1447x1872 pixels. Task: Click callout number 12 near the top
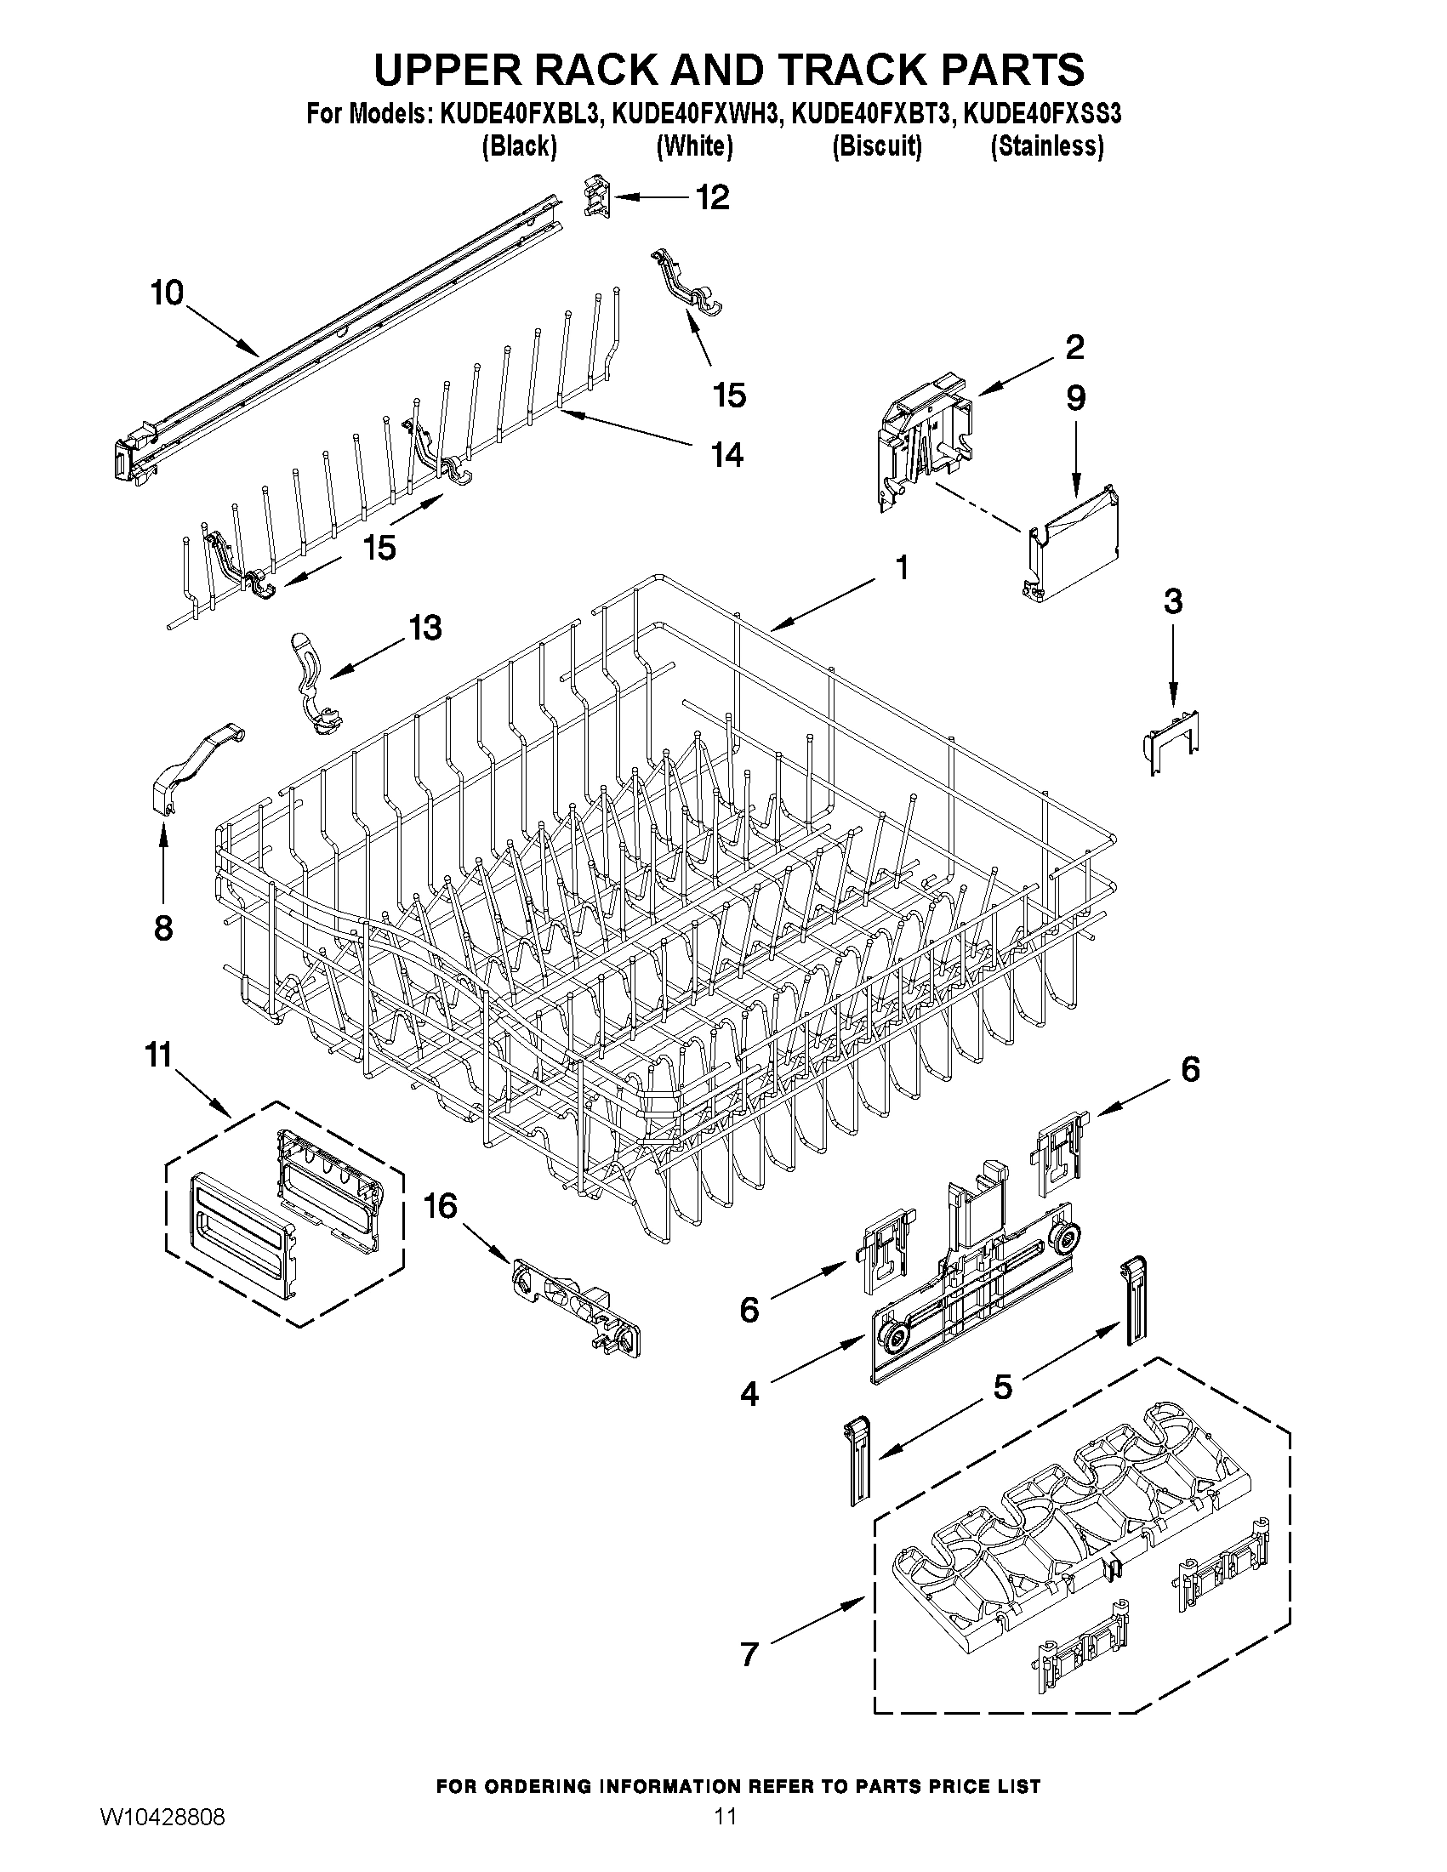tap(712, 198)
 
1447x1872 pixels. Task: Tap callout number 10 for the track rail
tap(168, 293)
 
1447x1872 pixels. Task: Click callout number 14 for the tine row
tap(727, 454)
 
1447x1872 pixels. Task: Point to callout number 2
tap(1074, 347)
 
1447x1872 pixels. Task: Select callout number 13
tap(424, 628)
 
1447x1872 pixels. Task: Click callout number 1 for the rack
tap(901, 566)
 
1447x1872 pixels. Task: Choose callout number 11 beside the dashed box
tap(159, 1055)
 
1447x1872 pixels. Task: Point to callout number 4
tap(749, 1395)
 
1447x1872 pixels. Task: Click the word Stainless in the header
tap(1046, 146)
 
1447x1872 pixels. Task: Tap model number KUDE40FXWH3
tap(696, 114)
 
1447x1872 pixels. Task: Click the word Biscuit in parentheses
tap(877, 146)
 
